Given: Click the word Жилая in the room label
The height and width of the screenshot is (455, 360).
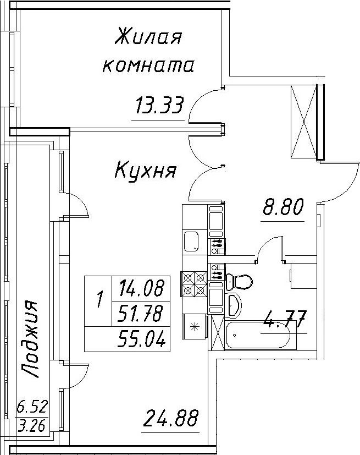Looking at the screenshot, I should tap(147, 39).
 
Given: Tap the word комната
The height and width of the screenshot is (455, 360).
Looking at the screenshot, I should tap(148, 67).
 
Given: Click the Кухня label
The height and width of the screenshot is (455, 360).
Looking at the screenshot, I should tap(145, 171).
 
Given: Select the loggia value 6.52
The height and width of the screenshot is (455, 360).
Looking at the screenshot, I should tap(32, 408).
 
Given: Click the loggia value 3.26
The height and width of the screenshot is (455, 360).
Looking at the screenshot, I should tap(32, 425).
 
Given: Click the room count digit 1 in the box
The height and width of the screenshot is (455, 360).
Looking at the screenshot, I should tap(99, 300).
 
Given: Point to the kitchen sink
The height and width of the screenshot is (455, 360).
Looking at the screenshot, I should tap(192, 241).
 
